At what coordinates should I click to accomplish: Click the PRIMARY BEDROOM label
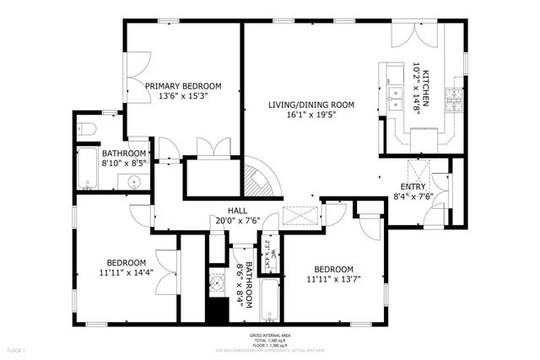tap(182, 86)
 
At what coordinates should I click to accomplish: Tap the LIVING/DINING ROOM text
tap(310, 105)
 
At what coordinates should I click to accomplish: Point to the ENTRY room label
tap(413, 186)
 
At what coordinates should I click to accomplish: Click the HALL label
tap(237, 212)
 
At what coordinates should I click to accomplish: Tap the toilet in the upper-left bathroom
tap(90, 129)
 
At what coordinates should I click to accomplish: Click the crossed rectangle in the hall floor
tap(300, 216)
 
